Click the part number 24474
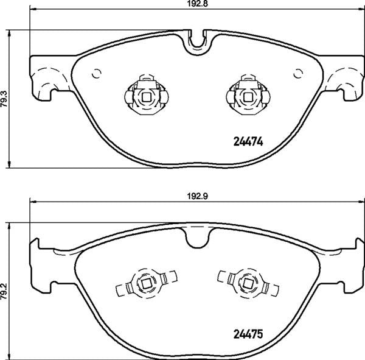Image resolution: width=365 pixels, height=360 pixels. [x=248, y=141]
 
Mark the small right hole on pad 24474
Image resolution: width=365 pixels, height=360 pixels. [x=297, y=74]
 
